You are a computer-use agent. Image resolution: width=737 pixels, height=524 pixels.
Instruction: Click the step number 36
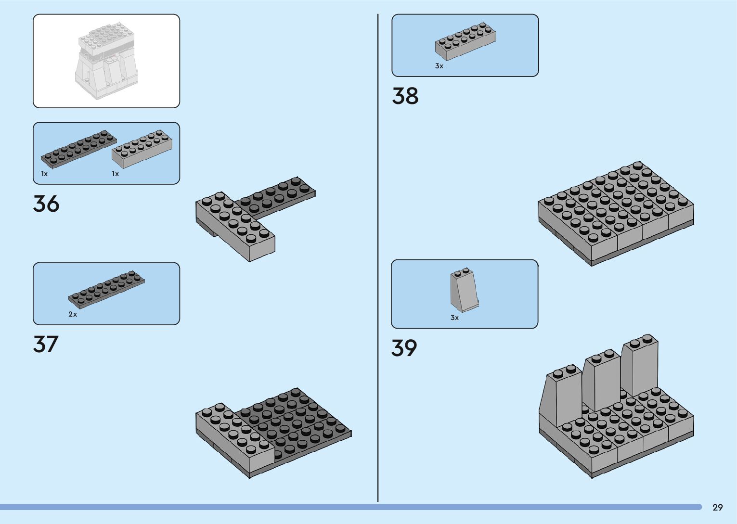(x=46, y=204)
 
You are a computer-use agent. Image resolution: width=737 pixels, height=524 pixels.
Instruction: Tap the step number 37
(x=46, y=344)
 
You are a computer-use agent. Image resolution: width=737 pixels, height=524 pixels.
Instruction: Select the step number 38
(x=405, y=96)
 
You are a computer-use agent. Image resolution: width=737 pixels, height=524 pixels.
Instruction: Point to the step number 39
(x=404, y=348)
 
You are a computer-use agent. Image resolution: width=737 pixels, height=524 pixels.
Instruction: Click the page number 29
(x=717, y=507)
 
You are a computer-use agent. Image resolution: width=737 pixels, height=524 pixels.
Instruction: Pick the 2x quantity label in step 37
(x=73, y=314)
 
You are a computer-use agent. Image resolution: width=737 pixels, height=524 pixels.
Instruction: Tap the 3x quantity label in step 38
(x=439, y=66)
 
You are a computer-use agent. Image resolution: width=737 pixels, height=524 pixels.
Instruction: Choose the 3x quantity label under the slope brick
(x=454, y=318)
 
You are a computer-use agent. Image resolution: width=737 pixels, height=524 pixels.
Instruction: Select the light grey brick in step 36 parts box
(x=142, y=149)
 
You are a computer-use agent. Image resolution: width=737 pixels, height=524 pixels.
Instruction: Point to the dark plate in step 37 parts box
(x=106, y=290)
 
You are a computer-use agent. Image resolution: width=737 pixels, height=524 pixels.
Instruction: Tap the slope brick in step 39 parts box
(x=465, y=290)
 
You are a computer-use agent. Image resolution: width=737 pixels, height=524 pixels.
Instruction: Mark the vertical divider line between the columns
(x=378, y=260)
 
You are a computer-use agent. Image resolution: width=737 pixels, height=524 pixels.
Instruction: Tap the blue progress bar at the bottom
(x=351, y=507)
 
